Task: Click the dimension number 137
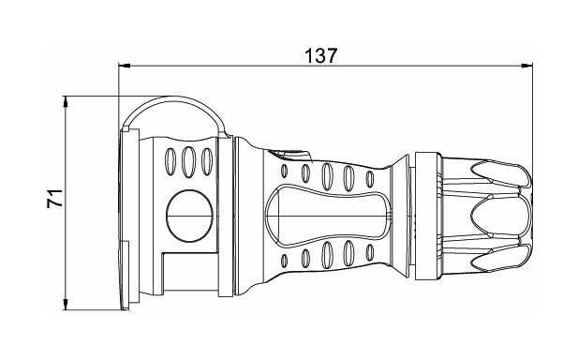pos(320,56)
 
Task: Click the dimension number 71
pos(54,199)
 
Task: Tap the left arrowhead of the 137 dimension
pos(125,66)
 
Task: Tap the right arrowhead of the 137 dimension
pos(526,66)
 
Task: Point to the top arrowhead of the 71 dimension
pos(66,102)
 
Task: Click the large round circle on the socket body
pos(189,216)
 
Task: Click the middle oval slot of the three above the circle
pos(188,162)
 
